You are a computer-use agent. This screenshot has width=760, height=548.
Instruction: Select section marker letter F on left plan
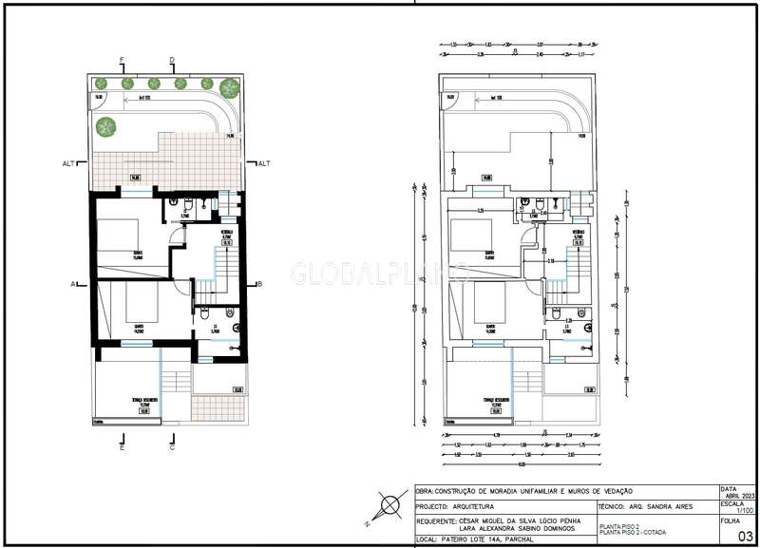122,60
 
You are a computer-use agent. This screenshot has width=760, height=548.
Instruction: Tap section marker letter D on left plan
172,60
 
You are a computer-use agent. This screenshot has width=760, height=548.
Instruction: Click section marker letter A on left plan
72,283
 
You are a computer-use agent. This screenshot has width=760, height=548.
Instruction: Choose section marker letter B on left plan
259,283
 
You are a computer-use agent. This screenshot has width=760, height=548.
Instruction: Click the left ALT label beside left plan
68,163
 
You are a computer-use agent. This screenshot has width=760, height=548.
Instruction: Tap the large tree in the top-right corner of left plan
229,88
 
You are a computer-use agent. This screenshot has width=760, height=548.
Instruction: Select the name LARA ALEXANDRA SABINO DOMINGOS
499,530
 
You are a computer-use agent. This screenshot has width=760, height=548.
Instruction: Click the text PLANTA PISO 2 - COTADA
633,531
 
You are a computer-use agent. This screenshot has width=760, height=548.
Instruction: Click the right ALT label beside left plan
263,163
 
